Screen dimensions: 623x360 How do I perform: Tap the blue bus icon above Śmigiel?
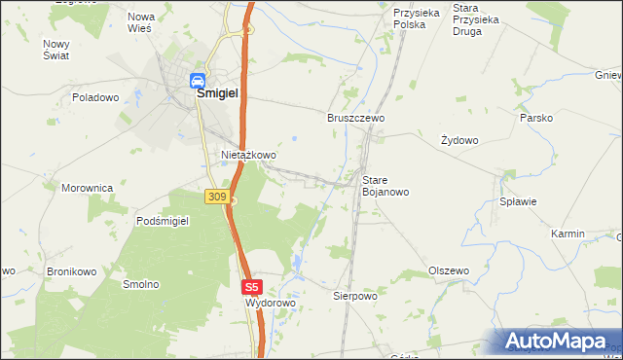198,80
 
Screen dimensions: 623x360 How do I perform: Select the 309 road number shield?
217,197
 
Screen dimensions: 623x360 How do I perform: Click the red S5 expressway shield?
252,287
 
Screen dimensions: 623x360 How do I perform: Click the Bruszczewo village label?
355,117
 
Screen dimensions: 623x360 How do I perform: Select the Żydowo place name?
459,140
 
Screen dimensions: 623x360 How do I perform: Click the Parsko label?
536,118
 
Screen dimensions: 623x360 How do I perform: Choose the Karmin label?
568,234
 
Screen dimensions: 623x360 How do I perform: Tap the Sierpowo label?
354,295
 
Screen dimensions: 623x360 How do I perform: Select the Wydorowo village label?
270,303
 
